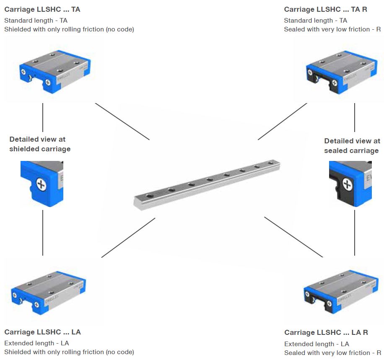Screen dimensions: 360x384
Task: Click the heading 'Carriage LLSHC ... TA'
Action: pos(42,9)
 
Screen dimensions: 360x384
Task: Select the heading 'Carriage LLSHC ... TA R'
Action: pos(325,9)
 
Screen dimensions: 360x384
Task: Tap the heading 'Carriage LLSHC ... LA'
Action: pos(42,332)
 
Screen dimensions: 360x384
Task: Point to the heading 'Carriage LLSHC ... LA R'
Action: pos(326,332)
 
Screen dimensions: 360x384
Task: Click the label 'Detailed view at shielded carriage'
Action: pos(40,144)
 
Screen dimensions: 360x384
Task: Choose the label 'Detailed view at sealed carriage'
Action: pos(352,146)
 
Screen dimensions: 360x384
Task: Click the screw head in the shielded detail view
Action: pos(41,184)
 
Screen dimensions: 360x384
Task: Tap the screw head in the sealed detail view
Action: pos(347,184)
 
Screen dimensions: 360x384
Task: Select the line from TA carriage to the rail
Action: pos(122,121)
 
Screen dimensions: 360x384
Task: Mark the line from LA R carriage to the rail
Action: pos(293,237)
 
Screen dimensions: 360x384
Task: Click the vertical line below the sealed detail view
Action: pos(355,233)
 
